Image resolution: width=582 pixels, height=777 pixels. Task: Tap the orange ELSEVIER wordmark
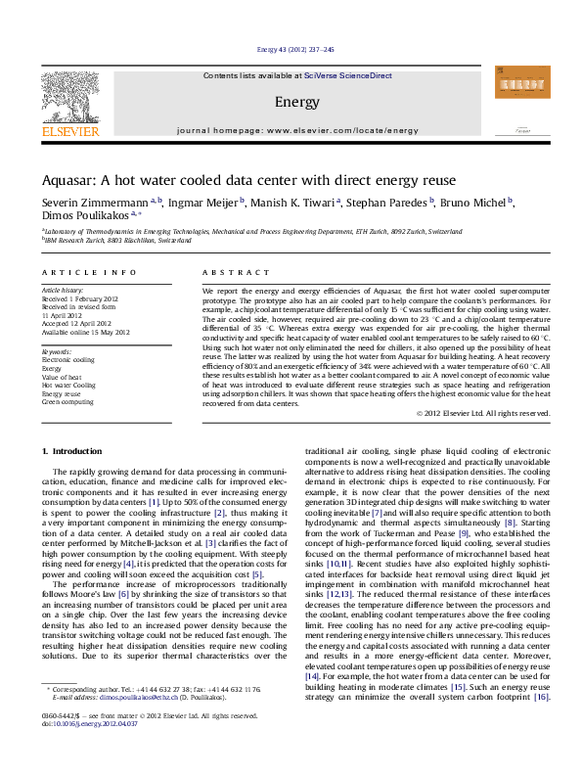click(x=70, y=130)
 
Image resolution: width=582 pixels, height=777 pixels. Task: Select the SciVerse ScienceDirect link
click(x=347, y=75)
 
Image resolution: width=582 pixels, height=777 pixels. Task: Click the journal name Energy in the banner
click(x=291, y=102)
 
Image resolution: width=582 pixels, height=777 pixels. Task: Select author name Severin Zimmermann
click(x=88, y=203)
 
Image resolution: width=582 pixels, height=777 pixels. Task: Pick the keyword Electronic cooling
click(x=68, y=333)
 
